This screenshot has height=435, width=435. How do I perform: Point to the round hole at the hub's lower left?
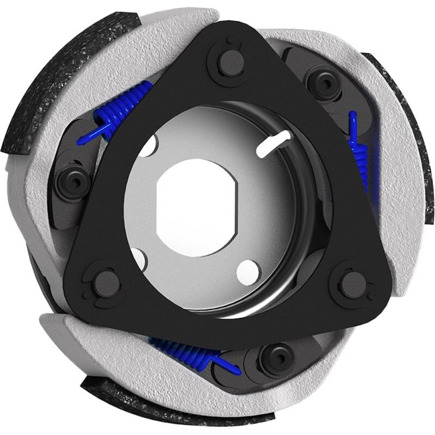[x=139, y=259]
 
